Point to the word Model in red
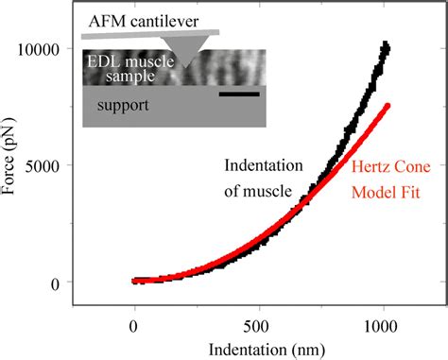tap(372, 192)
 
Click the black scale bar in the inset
tap(239, 93)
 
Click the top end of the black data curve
tap(386, 45)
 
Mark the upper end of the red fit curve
tap(388, 106)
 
